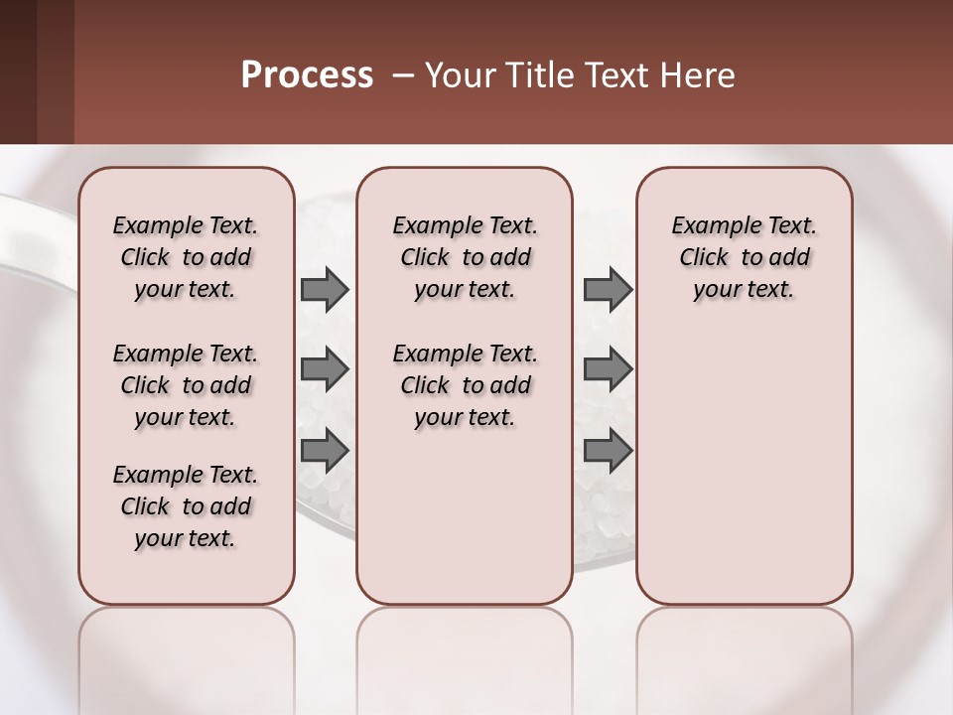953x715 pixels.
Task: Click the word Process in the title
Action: pyautogui.click(x=307, y=75)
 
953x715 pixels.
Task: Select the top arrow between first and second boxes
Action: pyautogui.click(x=325, y=290)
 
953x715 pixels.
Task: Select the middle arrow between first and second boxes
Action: pyautogui.click(x=325, y=369)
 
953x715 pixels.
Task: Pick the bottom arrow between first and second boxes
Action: pyautogui.click(x=325, y=451)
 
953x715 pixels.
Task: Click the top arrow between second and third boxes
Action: pyautogui.click(x=608, y=290)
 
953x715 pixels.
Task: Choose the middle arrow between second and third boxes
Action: pyautogui.click(x=608, y=369)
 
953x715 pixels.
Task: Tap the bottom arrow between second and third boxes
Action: pyautogui.click(x=608, y=451)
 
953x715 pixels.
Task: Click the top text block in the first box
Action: pyautogui.click(x=186, y=257)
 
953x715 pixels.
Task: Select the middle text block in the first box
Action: pyautogui.click(x=186, y=385)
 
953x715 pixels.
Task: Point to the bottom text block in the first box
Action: pyautogui.click(x=186, y=506)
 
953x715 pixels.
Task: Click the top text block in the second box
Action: pyautogui.click(x=465, y=257)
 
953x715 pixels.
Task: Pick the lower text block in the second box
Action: pyautogui.click(x=465, y=385)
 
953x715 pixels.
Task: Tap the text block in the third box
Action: pyautogui.click(x=744, y=257)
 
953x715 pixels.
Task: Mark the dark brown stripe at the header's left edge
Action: pyautogui.click(x=18, y=71)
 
